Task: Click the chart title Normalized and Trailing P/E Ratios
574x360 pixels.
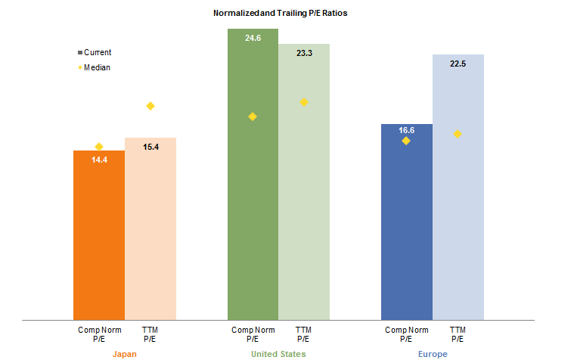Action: (x=285, y=14)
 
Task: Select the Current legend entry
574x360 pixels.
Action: (x=95, y=52)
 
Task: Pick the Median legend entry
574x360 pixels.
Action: (x=95, y=67)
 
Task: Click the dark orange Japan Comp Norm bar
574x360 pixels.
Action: (x=99, y=242)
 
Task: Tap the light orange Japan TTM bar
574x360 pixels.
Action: (x=150, y=234)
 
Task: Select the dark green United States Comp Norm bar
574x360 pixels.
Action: (x=253, y=212)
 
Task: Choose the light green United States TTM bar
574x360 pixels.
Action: (x=304, y=219)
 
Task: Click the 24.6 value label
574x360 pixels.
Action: (x=253, y=37)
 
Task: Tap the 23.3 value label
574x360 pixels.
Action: (x=304, y=53)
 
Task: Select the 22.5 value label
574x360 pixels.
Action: (x=458, y=64)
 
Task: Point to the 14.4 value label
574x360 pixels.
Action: (x=99, y=160)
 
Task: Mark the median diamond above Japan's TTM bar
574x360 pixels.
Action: (x=150, y=106)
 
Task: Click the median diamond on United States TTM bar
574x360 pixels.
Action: (x=304, y=102)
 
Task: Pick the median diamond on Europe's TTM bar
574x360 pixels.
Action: (x=458, y=134)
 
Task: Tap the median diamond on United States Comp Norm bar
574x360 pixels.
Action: (x=253, y=116)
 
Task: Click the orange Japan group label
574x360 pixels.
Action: (x=125, y=354)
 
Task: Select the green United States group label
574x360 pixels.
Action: (x=278, y=354)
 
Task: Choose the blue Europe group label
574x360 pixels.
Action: (x=433, y=354)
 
